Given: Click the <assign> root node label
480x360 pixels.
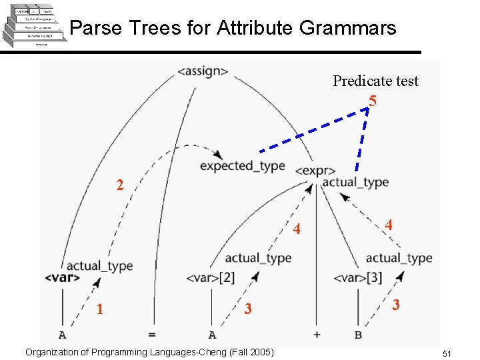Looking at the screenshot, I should coord(203,71).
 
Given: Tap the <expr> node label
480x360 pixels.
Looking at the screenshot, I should coord(315,171).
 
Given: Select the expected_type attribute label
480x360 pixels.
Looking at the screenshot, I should coord(242,166).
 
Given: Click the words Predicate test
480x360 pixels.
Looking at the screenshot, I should coord(375,81).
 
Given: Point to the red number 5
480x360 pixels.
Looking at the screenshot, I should coord(372,102).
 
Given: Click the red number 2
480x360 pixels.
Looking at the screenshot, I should coord(119,185).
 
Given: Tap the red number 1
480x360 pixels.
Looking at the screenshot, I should coord(99,309).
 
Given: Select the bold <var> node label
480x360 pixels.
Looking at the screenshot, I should coord(63,277).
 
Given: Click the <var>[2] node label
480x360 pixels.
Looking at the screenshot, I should coord(210,277).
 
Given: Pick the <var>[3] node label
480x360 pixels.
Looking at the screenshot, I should coord(357,277).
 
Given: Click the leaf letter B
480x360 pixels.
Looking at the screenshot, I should coord(358,335).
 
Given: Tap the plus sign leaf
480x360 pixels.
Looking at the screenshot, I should coord(316,335).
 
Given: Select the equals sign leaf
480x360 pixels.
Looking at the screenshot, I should coord(151,335).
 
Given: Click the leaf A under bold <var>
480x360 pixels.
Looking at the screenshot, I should coord(62,335).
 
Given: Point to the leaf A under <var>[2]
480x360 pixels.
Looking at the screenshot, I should coord(212,335).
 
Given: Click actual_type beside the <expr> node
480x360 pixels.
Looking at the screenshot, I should coord(355,182).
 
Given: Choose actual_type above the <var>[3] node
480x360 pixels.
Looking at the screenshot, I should coord(399,258).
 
